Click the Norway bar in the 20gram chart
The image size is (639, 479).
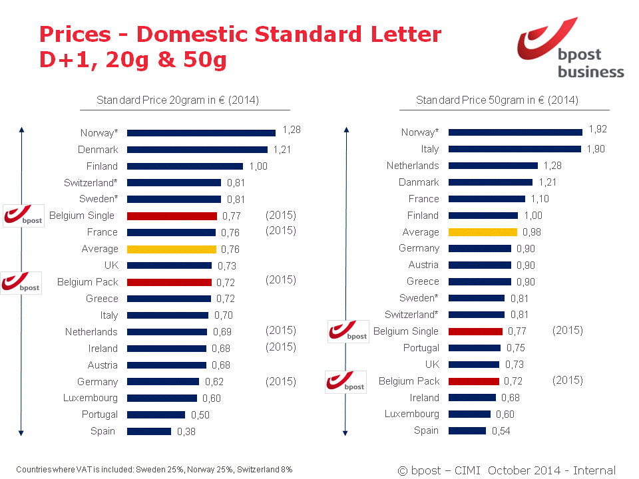tap(201, 133)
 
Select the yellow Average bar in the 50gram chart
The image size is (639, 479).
tap(483, 232)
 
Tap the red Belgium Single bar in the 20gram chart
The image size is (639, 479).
tap(172, 216)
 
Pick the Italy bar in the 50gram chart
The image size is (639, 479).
tap(515, 149)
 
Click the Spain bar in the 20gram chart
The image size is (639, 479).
tap(149, 431)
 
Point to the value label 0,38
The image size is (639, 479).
tap(186, 432)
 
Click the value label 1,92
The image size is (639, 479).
tap(598, 129)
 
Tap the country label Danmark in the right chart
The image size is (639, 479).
tap(419, 182)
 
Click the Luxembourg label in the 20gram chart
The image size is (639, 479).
tap(91, 398)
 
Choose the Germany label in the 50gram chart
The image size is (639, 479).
tap(419, 248)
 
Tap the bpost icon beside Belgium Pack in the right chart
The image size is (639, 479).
tap(346, 382)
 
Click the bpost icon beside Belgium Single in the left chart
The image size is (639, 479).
tap(23, 216)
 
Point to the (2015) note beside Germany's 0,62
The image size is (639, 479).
tap(280, 381)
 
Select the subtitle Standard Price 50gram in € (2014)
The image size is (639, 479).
tap(497, 100)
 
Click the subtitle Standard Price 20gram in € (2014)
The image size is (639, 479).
tap(178, 100)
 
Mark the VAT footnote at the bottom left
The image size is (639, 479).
tap(154, 469)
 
